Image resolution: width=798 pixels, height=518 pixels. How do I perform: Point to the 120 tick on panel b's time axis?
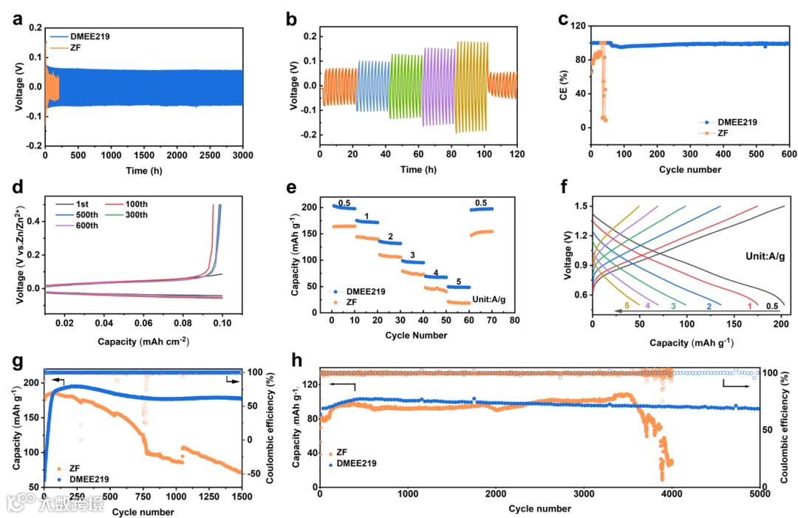point(516,154)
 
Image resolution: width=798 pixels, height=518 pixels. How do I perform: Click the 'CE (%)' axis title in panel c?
point(562,78)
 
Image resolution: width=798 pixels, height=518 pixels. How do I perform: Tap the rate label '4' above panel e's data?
point(436,273)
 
